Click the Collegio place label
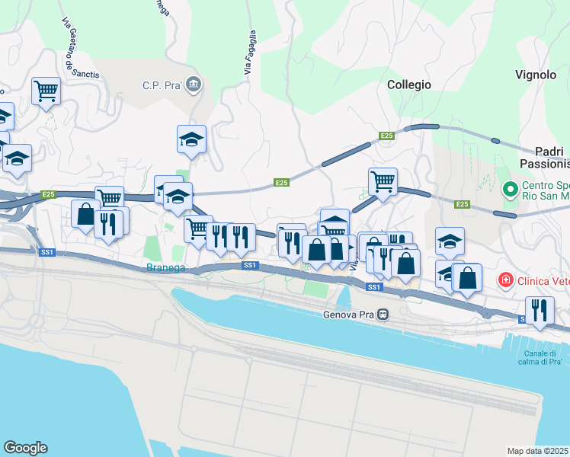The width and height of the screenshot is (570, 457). (408, 85)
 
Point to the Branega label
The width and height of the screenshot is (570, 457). (165, 267)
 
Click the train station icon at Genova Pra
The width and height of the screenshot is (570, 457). (383, 313)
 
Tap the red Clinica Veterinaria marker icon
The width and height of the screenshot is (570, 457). (504, 281)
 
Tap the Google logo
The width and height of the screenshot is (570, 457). (25, 448)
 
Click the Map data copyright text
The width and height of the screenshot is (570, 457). (538, 451)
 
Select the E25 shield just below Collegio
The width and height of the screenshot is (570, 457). (387, 136)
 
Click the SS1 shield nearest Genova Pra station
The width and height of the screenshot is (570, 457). (373, 287)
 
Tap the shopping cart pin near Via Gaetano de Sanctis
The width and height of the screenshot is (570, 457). (46, 91)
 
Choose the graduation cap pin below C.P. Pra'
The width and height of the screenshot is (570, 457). (192, 139)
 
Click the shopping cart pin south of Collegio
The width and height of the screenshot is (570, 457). (383, 181)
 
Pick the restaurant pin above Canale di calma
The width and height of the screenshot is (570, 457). (540, 310)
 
